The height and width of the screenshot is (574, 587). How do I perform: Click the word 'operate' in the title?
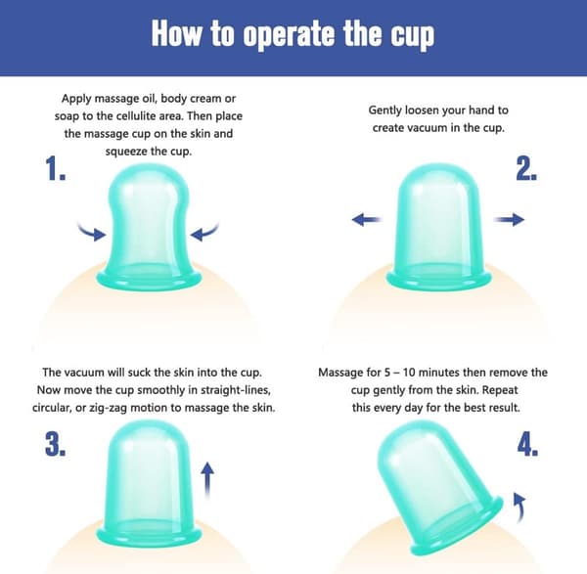tap(289, 35)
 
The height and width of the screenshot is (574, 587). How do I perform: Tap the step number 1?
tap(56, 168)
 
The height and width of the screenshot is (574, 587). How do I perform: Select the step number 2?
tap(526, 168)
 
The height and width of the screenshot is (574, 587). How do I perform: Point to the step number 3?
tap(56, 443)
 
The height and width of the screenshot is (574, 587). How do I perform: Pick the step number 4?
tap(528, 444)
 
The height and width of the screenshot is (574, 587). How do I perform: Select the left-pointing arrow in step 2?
tap(367, 219)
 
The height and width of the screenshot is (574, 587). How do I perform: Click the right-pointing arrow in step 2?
tap(509, 219)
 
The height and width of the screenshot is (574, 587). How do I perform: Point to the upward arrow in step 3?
tap(207, 480)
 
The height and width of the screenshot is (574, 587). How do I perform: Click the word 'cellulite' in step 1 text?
tap(136, 116)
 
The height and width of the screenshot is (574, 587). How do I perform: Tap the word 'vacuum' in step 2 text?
tap(428, 127)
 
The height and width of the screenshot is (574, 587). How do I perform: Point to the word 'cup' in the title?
tap(413, 37)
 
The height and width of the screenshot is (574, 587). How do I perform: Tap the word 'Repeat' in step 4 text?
tap(500, 390)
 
